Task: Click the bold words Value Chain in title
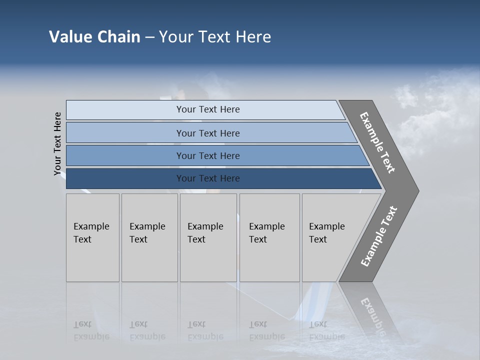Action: click(94, 36)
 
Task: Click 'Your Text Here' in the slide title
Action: click(215, 36)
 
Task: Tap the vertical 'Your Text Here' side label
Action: click(57, 143)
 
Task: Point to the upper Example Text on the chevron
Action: click(377, 142)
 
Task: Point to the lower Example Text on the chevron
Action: click(378, 236)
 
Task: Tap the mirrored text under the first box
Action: click(91, 330)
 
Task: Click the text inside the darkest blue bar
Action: click(208, 178)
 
